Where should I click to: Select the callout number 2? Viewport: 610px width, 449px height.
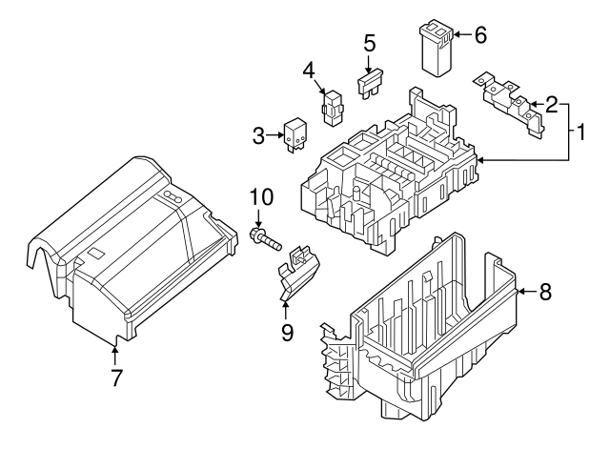[551, 105]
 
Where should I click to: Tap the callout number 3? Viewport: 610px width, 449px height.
[257, 136]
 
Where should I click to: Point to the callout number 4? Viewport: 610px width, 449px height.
[309, 71]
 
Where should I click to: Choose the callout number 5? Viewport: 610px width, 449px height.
[370, 43]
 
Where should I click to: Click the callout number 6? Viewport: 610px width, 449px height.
[479, 35]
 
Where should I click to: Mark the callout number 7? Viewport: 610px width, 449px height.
[115, 378]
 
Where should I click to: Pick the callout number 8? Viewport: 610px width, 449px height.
[545, 293]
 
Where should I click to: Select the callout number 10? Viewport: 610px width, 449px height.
[261, 198]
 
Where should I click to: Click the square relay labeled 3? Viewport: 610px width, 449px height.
[295, 135]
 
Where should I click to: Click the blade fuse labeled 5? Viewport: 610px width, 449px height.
[371, 86]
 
